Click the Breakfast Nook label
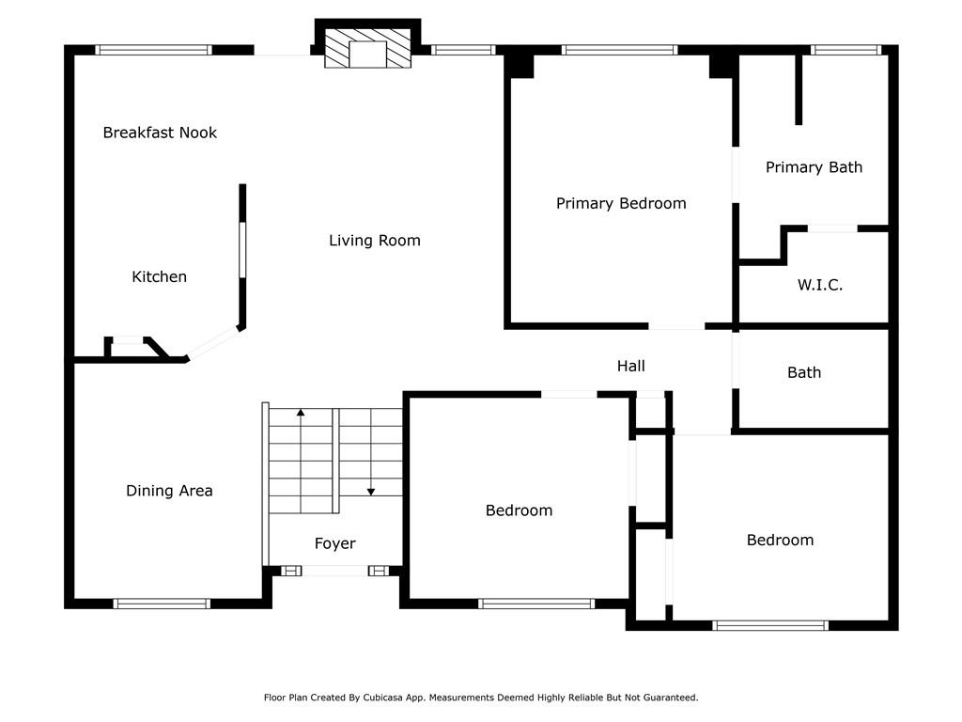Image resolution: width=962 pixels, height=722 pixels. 160,133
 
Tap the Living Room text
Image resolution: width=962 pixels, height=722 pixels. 374,241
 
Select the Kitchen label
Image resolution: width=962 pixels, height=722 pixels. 159,277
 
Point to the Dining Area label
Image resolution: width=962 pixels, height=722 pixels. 169,491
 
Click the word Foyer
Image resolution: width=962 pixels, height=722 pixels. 335,544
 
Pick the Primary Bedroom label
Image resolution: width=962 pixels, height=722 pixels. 621,204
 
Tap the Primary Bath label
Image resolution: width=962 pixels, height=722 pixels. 814,167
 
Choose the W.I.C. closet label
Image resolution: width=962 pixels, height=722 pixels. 819,285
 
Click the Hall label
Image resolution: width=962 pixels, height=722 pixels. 630,367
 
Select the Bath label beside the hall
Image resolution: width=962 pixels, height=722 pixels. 804,372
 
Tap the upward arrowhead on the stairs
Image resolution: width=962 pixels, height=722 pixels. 301,413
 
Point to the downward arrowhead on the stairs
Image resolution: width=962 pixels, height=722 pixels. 371,492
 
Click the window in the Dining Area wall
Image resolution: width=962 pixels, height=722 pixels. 162,604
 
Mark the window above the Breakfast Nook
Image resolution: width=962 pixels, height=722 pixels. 153,51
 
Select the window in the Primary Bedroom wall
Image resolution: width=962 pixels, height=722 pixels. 620,51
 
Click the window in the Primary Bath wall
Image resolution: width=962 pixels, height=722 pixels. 846,51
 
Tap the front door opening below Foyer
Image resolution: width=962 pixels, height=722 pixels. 335,571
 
